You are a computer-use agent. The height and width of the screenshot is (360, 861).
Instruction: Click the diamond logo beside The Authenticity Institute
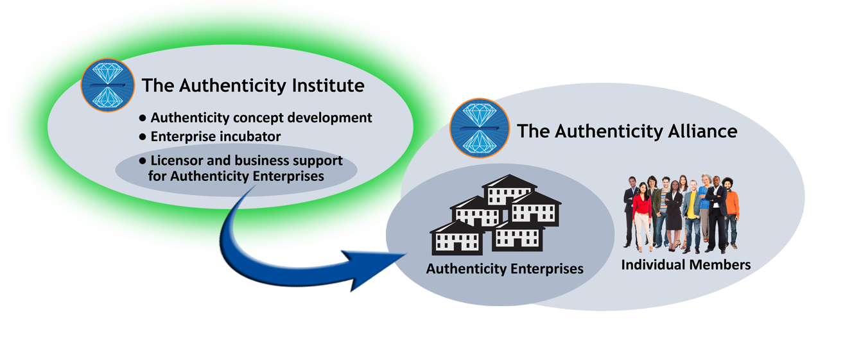click(107, 85)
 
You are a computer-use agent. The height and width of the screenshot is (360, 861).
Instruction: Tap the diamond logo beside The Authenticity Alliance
click(479, 129)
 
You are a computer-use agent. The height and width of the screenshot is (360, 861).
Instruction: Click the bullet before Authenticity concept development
click(143, 119)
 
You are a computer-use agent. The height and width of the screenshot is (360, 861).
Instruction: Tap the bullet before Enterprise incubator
click(143, 137)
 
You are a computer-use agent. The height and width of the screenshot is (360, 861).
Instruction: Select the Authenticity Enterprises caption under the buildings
click(505, 269)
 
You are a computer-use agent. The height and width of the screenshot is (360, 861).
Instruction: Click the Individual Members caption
click(686, 264)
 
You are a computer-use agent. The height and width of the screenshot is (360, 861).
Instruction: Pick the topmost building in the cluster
click(509, 189)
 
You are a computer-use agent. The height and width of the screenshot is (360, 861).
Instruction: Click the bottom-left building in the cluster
click(457, 237)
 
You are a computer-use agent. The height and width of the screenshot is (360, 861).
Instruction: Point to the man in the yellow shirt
click(692, 212)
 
